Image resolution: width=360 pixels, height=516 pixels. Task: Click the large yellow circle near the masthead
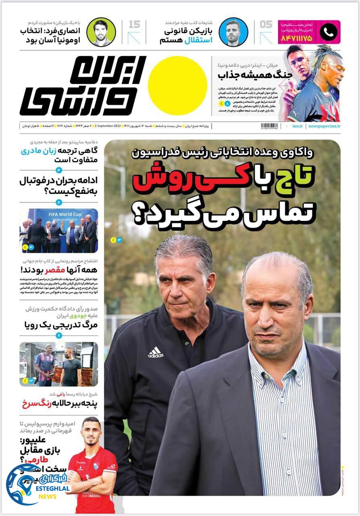tap(177, 85)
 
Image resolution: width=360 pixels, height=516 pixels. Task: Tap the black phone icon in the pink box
tap(329, 32)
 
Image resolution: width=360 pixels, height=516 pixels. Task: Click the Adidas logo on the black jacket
tap(156, 353)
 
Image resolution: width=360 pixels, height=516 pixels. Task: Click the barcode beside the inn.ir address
tap(269, 126)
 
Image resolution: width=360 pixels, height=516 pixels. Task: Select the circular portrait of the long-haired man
tap(101, 32)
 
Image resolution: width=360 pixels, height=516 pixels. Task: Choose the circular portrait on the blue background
tap(233, 32)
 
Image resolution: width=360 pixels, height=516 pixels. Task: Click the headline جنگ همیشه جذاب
tap(249, 75)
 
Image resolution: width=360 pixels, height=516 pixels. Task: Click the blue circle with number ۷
tap(59, 335)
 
